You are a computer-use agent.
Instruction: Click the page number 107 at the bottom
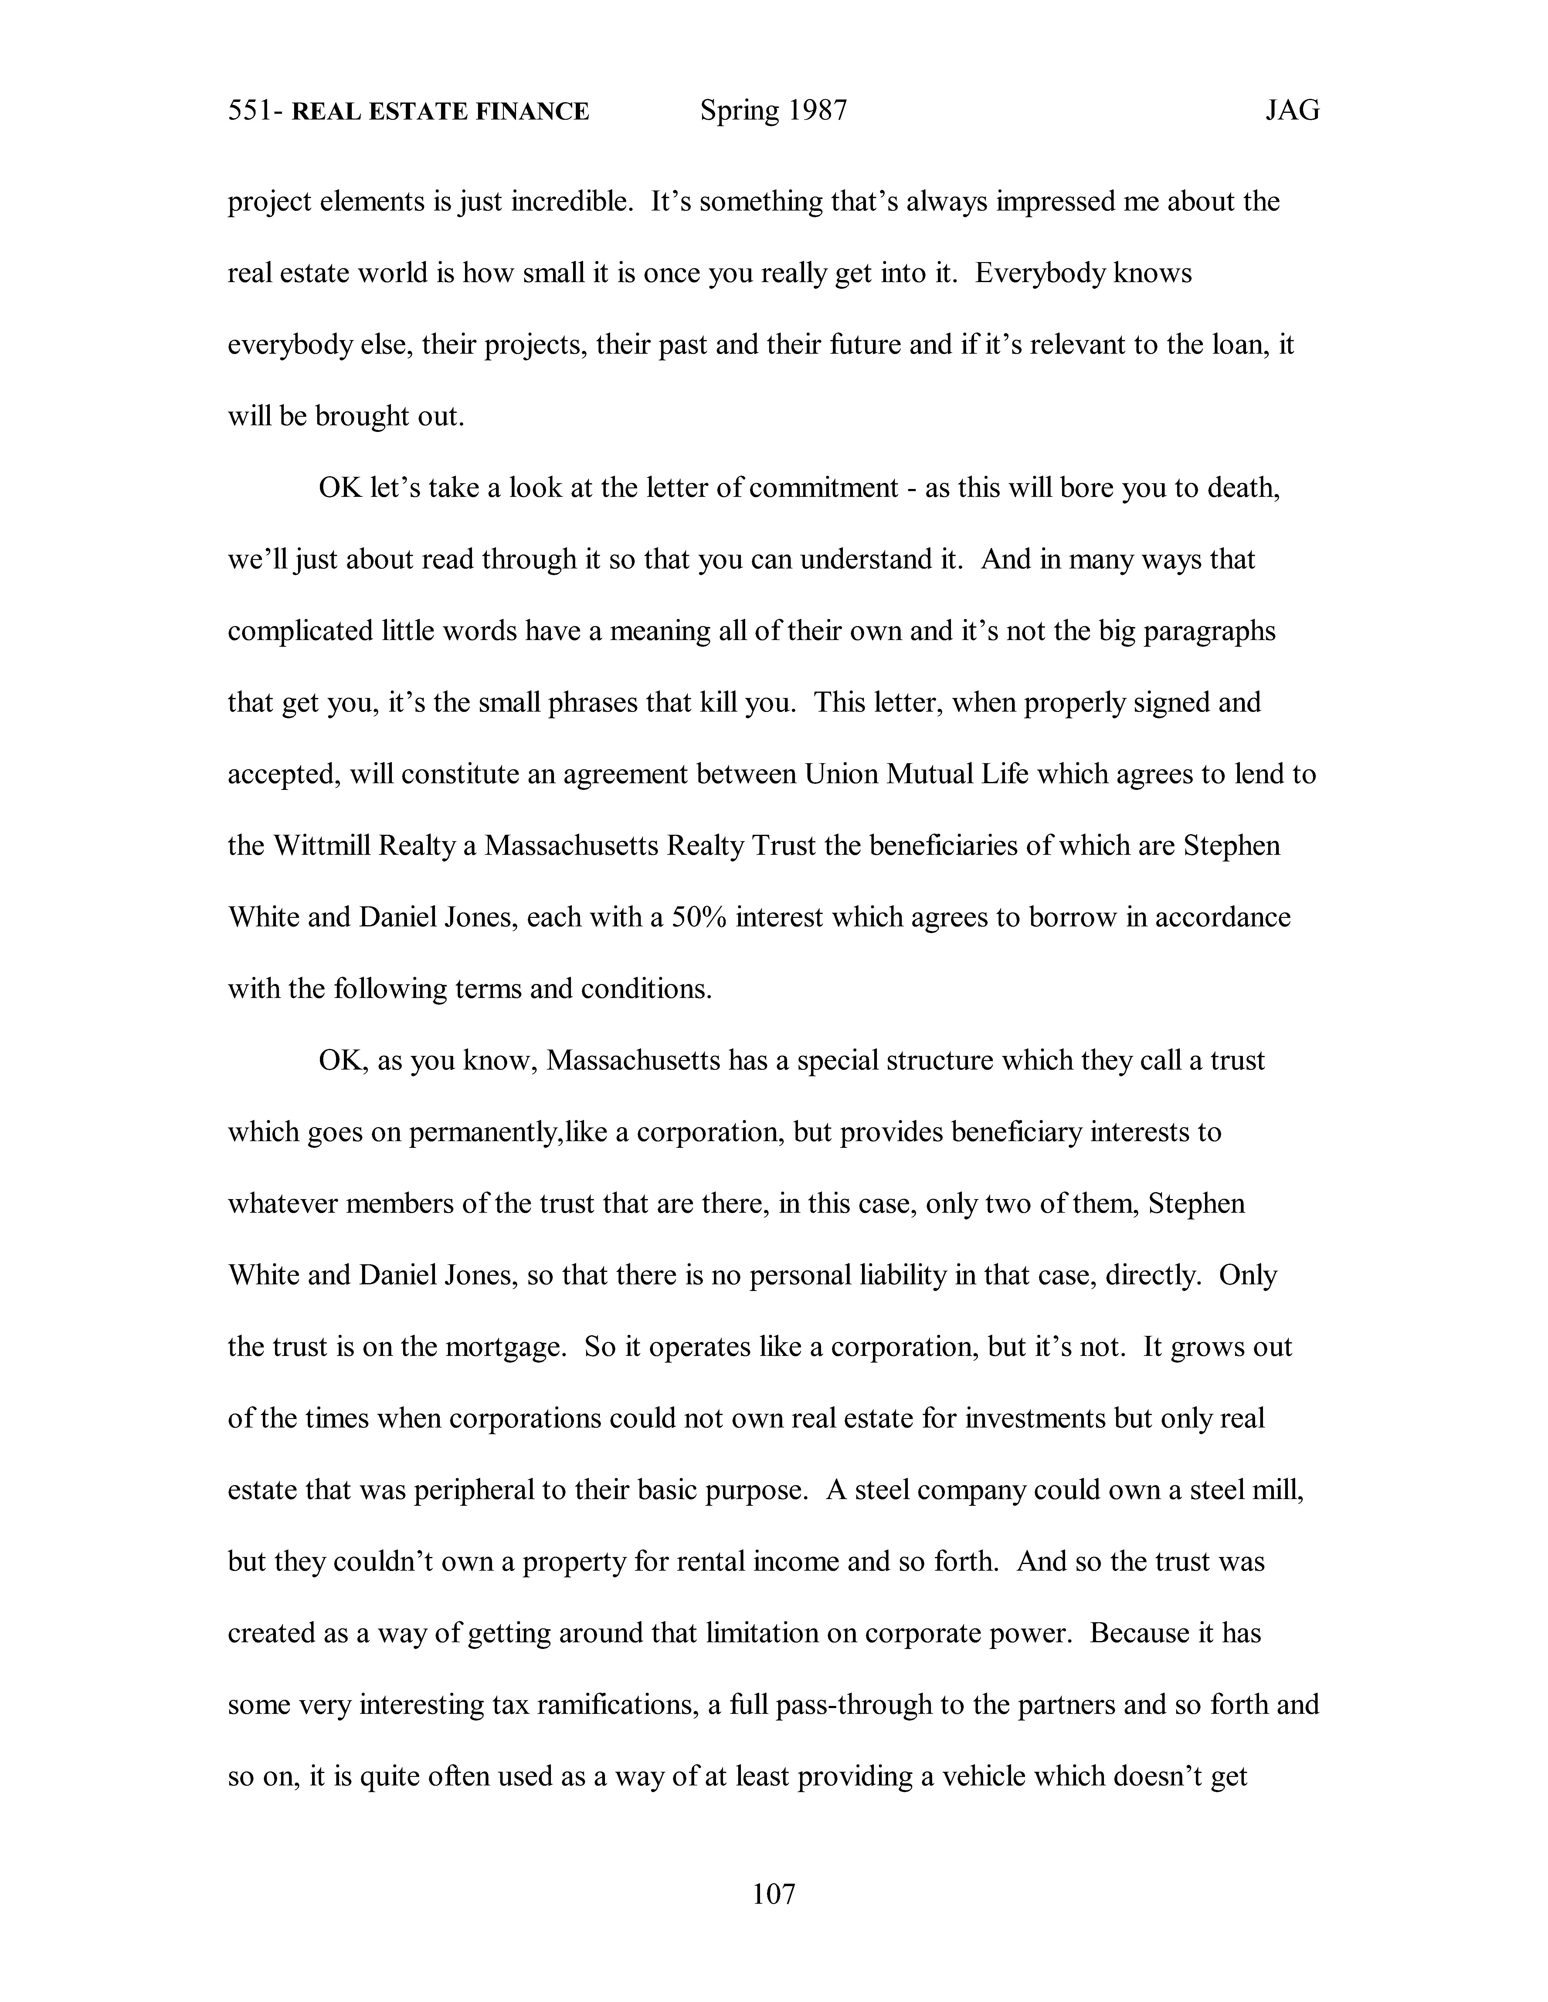tap(773, 1892)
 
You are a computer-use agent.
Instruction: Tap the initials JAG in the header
tap(1292, 111)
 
